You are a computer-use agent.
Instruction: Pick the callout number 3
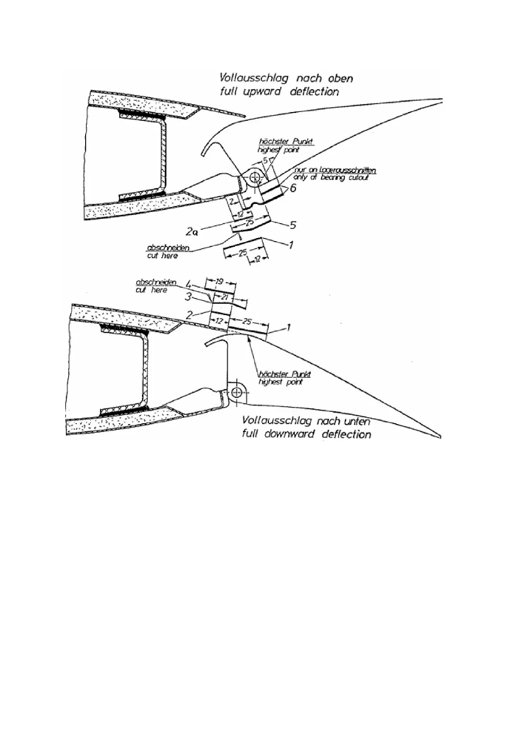tap(188, 298)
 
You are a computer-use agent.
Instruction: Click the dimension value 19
tap(219, 282)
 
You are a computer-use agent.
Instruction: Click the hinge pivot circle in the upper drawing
tap(254, 178)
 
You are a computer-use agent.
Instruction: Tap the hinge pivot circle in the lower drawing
tap(237, 392)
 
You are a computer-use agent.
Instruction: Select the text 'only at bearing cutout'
tap(331, 178)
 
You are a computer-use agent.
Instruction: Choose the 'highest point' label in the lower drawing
tap(281, 382)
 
